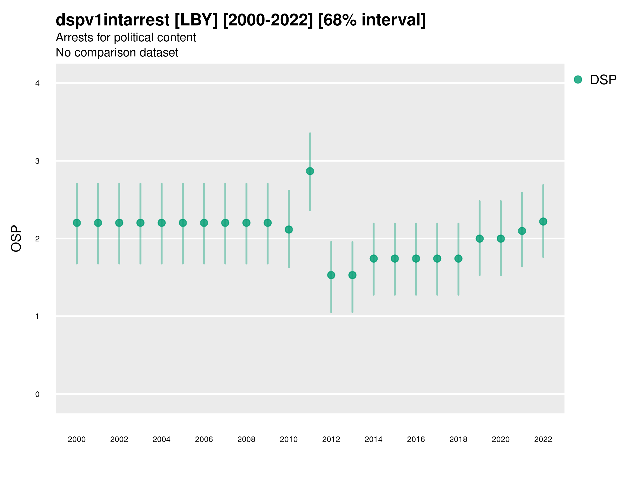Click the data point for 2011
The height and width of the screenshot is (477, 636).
(x=310, y=171)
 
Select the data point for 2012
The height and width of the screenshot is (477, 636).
(x=331, y=275)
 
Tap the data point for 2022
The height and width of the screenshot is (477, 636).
(x=543, y=221)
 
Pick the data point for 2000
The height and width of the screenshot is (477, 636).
(x=77, y=223)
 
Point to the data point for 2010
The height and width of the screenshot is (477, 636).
(x=289, y=229)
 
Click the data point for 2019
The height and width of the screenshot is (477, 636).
(x=480, y=239)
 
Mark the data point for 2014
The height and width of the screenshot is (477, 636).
(x=373, y=258)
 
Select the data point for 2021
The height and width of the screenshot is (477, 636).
(x=522, y=231)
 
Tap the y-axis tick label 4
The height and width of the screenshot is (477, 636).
(x=37, y=83)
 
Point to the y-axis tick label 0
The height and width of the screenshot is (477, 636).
(x=37, y=394)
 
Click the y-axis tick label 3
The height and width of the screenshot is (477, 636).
(x=37, y=161)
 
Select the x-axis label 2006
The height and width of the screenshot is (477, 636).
(x=204, y=439)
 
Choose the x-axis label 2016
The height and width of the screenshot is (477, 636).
(x=416, y=439)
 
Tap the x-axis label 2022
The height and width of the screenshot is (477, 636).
(x=543, y=439)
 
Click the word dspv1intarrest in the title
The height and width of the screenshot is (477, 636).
(x=112, y=20)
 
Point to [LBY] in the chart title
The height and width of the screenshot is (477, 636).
(x=196, y=20)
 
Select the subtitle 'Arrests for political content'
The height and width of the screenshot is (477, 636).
(x=126, y=37)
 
